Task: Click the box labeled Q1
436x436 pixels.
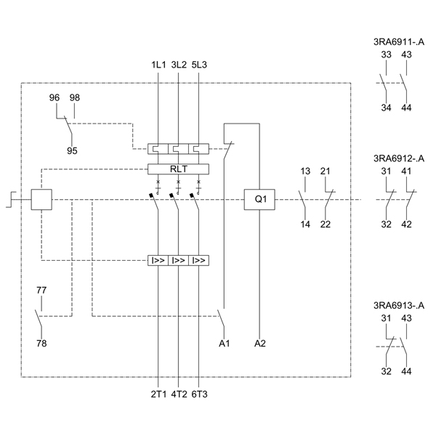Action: tap(260, 199)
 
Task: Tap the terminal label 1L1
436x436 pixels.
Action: tap(158, 65)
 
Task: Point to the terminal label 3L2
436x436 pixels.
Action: tap(178, 65)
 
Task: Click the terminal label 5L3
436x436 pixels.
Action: tap(198, 65)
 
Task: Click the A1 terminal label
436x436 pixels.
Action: tap(225, 343)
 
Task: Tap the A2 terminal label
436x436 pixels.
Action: tap(260, 343)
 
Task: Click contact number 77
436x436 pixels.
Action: tap(41, 291)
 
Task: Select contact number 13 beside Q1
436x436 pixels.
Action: tap(305, 171)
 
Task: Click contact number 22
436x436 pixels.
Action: tap(326, 224)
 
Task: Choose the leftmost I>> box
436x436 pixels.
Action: tap(158, 259)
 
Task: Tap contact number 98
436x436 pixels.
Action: tap(75, 97)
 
